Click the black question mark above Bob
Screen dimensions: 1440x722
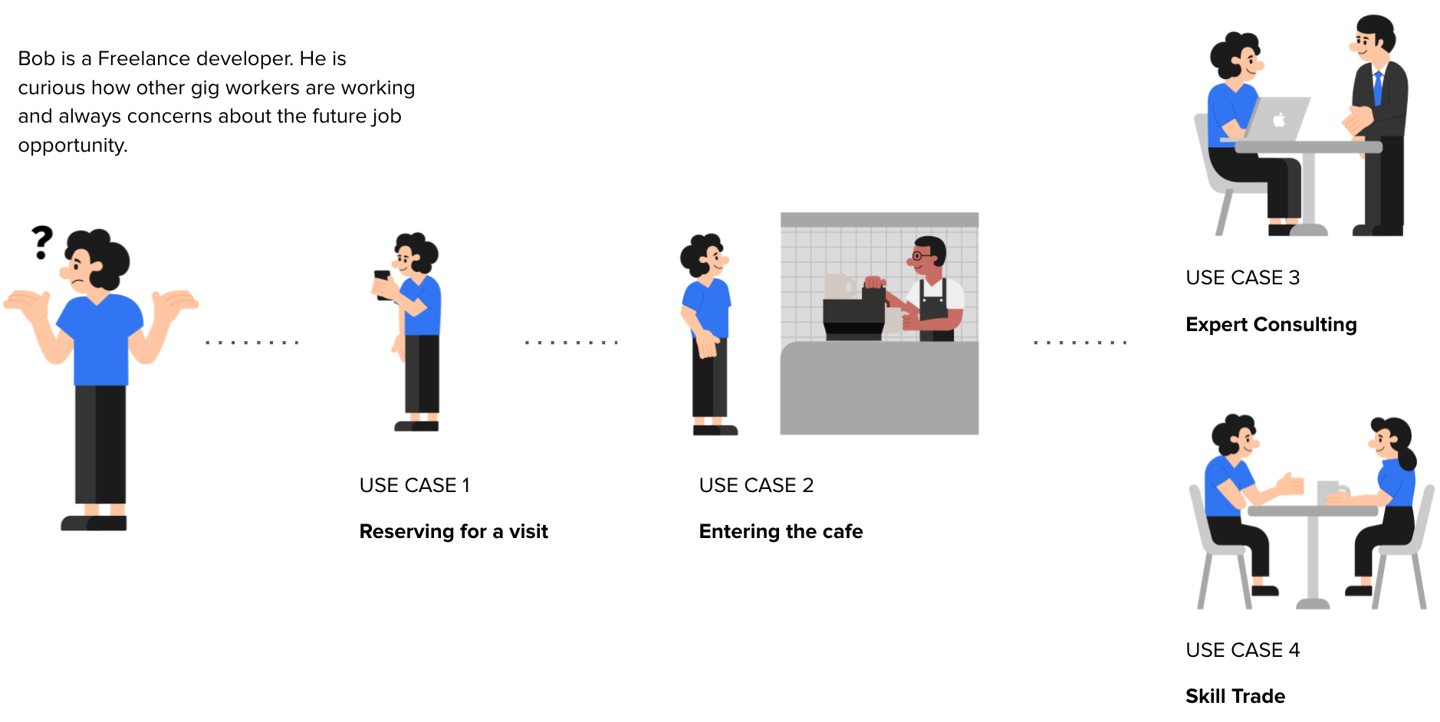tap(42, 241)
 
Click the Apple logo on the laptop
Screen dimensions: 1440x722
tap(1279, 120)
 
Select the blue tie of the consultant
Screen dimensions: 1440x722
tap(1377, 87)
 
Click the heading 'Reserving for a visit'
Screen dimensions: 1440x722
tap(454, 531)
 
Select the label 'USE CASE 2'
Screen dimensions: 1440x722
tap(756, 485)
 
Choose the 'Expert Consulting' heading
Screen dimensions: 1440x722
tap(1271, 324)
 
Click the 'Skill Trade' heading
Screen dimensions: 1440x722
tap(1235, 696)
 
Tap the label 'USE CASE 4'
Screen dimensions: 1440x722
tap(1243, 650)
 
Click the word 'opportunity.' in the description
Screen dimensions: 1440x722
tap(73, 146)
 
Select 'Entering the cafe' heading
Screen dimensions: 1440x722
tap(781, 531)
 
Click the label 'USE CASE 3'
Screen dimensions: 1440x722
tap(1243, 277)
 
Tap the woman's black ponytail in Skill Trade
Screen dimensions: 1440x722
tap(1407, 451)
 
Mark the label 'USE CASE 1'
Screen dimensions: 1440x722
tap(415, 485)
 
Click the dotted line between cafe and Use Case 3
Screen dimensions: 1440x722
tap(1080, 343)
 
